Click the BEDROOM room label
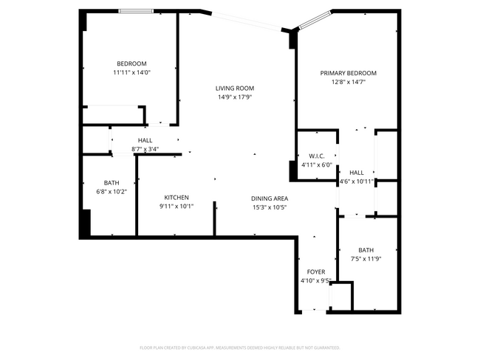pos(131,63)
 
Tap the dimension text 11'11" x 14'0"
pos(131,73)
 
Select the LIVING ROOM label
pos(235,88)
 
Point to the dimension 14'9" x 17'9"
pos(235,97)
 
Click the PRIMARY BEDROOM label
pos(348,73)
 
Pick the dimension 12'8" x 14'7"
pos(348,83)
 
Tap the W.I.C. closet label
pos(317,156)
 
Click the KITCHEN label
pos(176,197)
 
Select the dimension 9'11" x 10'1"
pos(176,207)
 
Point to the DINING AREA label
pos(270,198)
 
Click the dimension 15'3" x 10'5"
pos(270,207)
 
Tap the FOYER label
pos(316,271)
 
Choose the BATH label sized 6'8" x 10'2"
pos(112,182)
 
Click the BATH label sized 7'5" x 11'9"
pos(366,249)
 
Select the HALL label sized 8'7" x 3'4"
pos(145,140)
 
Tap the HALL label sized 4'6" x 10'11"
pos(357,172)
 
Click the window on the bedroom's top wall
pos(137,11)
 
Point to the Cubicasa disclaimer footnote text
pos(239,347)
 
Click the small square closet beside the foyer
pos(340,297)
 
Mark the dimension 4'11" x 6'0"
pos(317,165)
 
